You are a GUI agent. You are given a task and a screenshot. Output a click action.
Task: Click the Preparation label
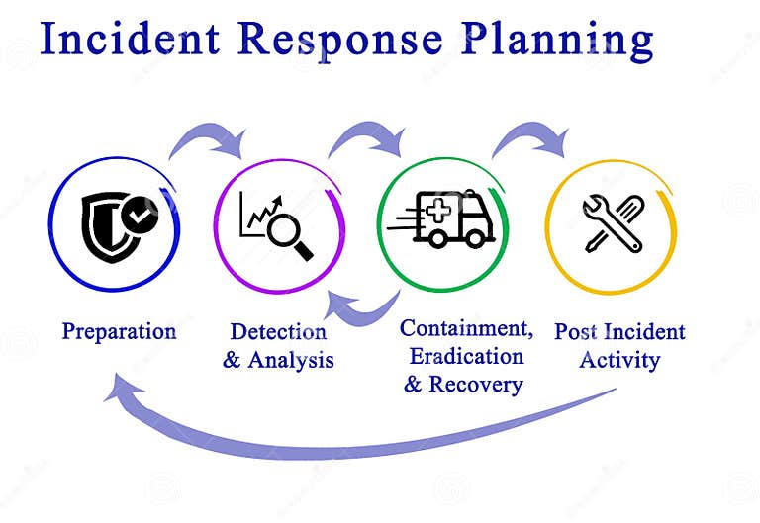coord(119,330)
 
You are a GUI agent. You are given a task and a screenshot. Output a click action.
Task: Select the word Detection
coord(278,331)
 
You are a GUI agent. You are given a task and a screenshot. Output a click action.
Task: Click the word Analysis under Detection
coord(291,359)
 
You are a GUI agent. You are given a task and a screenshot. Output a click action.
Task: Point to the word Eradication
coord(466,355)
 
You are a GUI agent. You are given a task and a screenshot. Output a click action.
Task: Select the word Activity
coord(619,359)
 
